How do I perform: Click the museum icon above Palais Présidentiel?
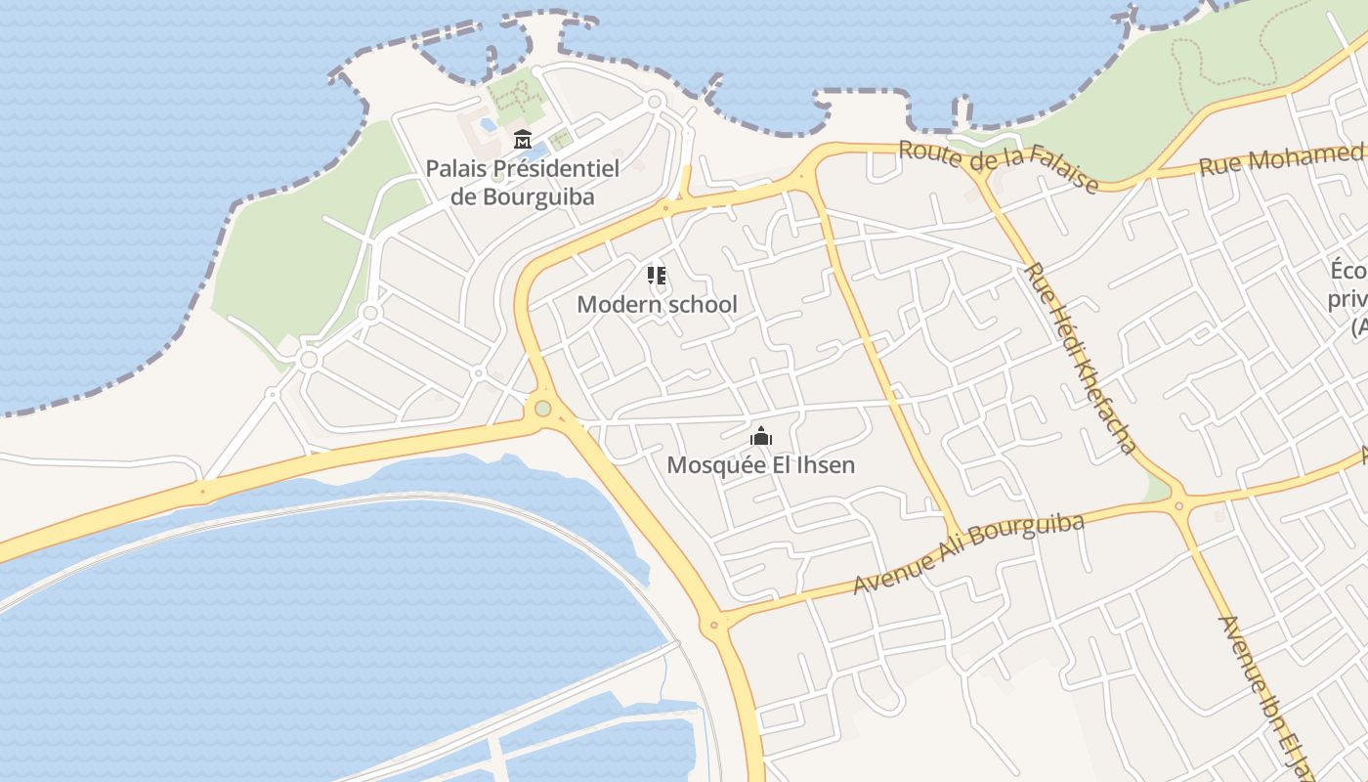[522, 139]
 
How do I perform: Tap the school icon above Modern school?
[657, 276]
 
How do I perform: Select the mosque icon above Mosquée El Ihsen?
[760, 436]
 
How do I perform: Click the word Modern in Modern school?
[614, 304]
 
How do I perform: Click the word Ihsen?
[826, 464]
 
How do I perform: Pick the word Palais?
[455, 168]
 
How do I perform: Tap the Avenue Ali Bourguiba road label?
[968, 553]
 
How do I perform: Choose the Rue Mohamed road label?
[1280, 159]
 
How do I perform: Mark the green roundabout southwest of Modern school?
[542, 409]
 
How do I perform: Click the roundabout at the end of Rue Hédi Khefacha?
[1178, 505]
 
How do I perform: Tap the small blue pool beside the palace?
[488, 125]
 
